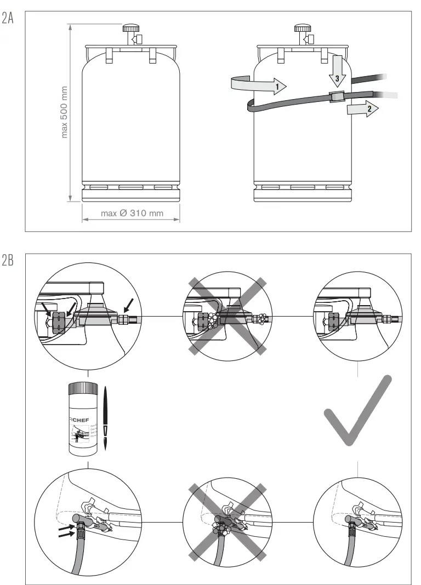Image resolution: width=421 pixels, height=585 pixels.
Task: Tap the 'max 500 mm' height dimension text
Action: (65, 112)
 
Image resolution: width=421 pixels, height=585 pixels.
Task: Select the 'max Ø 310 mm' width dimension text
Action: (132, 213)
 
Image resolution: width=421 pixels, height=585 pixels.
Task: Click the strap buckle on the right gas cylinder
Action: (337, 96)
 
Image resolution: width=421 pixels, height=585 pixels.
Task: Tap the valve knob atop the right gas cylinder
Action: (302, 28)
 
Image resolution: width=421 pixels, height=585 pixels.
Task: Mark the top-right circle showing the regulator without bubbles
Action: (357, 316)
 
